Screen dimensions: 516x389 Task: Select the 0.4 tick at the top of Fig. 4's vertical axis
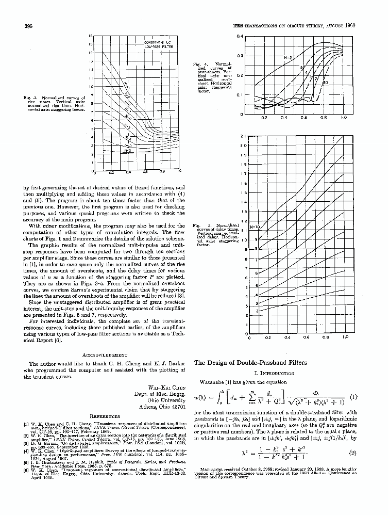240,37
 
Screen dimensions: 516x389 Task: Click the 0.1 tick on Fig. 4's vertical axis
240,94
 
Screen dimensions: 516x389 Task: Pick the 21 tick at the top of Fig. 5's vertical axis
243,136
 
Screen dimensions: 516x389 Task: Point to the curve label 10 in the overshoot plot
325,83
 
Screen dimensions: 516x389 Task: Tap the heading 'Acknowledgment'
106,355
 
